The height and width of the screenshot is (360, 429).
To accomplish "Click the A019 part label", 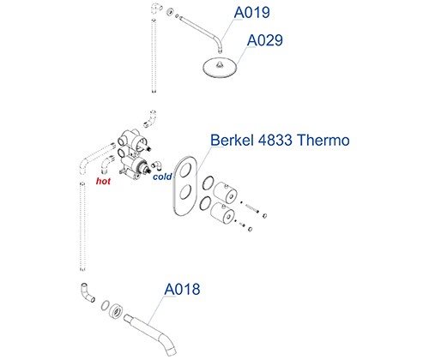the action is [251, 13].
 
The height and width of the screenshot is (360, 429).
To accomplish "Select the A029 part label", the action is [265, 40].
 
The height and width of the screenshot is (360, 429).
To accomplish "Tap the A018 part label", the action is [182, 290].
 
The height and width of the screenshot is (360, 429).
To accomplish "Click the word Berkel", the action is [233, 140].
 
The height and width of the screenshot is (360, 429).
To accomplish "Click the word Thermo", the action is [323, 140].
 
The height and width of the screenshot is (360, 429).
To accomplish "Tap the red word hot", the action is [103, 181].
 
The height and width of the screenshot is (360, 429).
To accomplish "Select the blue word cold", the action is [162, 177].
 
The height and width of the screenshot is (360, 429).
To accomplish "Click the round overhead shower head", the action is [221, 68].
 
